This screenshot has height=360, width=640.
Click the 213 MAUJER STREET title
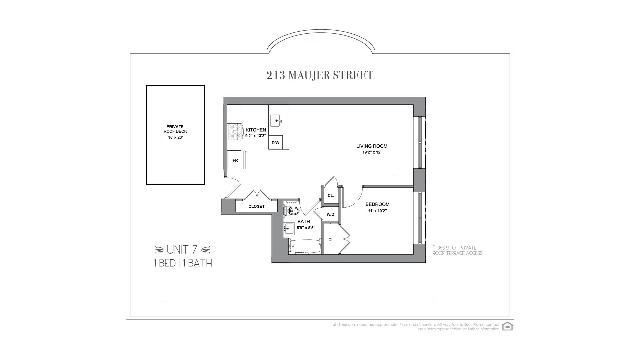coord(320,75)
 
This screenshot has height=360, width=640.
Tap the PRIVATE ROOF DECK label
coord(175,129)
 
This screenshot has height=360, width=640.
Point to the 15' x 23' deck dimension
coord(175,137)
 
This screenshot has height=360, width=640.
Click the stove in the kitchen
coord(234,132)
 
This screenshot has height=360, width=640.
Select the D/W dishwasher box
coord(275,142)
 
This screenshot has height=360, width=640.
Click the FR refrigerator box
coord(235,160)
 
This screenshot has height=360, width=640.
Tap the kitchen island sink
coord(276,121)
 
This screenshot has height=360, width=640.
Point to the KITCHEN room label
coord(256,130)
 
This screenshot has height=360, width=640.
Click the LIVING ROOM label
coord(372,146)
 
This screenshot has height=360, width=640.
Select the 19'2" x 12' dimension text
coord(372,152)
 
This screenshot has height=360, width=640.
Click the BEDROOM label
coord(377,204)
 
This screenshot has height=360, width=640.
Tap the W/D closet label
coord(330,214)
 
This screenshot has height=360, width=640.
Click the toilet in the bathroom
coord(293,210)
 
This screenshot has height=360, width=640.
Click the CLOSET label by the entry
coord(256,206)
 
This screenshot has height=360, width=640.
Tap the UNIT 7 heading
coord(182,249)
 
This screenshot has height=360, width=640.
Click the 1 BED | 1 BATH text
coord(183,263)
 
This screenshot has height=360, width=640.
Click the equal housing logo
coord(507,326)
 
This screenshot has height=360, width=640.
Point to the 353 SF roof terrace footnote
coord(457,250)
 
